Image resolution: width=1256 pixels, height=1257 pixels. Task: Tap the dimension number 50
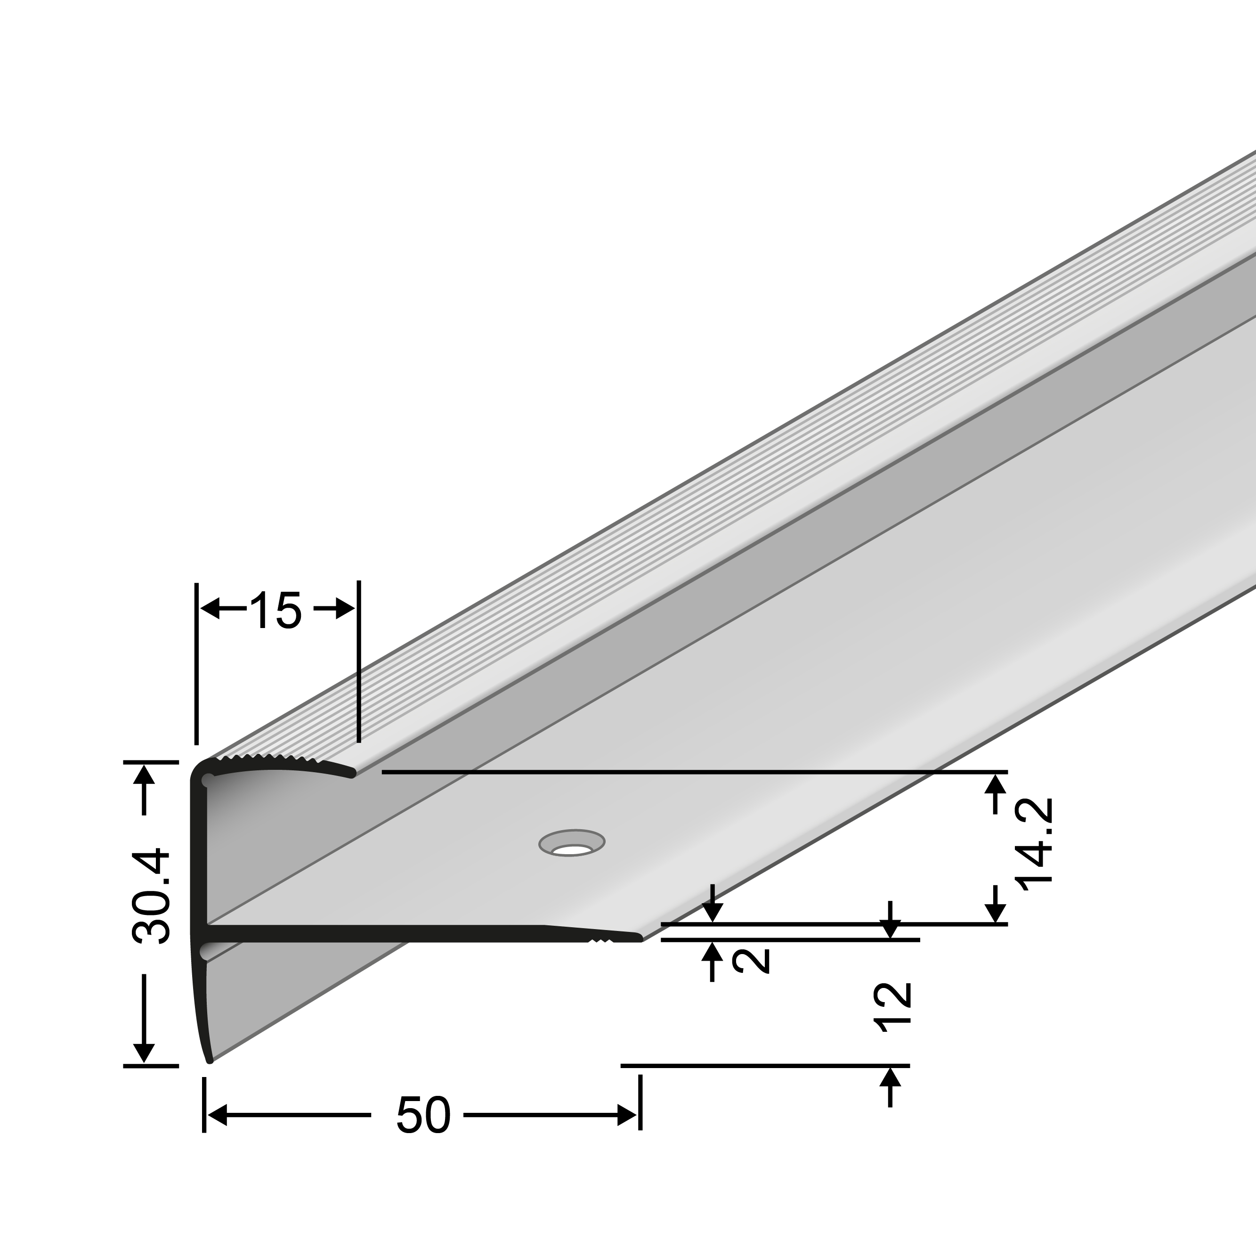tap(423, 1115)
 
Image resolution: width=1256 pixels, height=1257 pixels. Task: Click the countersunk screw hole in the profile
tap(572, 844)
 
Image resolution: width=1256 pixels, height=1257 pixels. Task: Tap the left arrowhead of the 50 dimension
tap(215, 1115)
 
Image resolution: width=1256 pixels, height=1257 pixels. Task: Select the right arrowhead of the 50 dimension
tap(627, 1115)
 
